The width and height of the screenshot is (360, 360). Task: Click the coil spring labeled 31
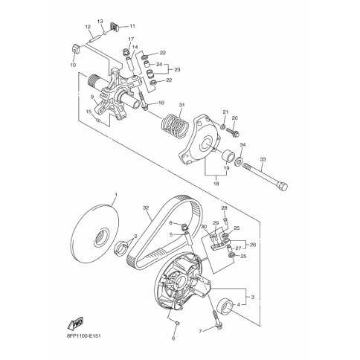(x=176, y=125)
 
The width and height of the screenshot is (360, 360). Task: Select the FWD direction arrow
(x=76, y=323)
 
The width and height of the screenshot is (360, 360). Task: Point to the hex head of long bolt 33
(x=282, y=186)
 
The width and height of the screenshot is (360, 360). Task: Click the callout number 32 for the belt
(x=146, y=208)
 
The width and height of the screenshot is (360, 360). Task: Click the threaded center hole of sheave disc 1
(x=102, y=237)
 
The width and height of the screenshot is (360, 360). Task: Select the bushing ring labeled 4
(x=225, y=307)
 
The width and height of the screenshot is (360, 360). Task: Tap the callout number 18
(x=216, y=184)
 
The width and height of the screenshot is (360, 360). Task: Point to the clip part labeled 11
(x=115, y=27)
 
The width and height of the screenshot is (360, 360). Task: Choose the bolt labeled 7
(x=216, y=320)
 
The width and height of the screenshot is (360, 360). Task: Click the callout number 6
(x=173, y=338)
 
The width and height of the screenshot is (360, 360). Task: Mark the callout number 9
(x=92, y=97)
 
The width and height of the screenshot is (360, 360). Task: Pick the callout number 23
(x=177, y=70)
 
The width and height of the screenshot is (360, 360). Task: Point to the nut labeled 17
(x=126, y=52)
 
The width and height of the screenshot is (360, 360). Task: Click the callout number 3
(x=253, y=297)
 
